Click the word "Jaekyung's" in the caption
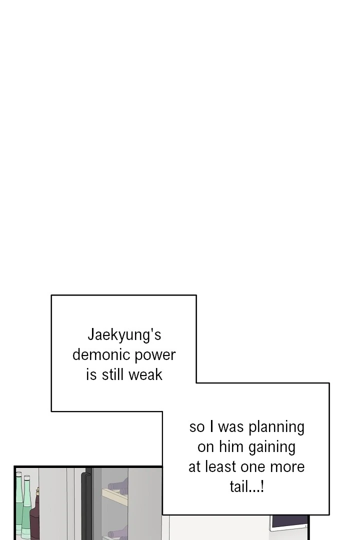coord(124,334)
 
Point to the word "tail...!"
coord(246,487)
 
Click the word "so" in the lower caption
coord(197,427)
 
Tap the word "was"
coord(230,427)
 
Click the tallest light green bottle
coord(18,505)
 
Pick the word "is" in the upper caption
coord(91,375)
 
